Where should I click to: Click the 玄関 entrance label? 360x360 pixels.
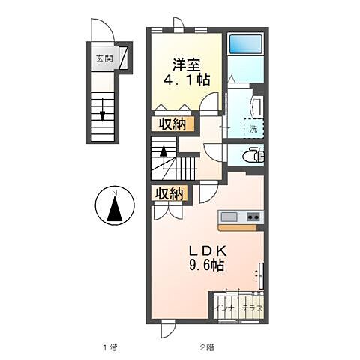104,59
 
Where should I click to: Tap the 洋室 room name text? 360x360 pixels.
186,65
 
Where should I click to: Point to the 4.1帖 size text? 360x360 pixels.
186,79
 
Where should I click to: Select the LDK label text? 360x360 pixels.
208,251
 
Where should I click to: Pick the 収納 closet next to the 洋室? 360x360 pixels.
172,124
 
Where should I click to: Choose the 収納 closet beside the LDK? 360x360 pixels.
169,193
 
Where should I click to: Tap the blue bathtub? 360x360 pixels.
245,43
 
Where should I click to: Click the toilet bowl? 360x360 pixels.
253,156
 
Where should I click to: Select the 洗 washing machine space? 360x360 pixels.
253,129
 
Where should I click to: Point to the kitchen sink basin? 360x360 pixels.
229,217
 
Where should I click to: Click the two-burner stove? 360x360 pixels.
253,217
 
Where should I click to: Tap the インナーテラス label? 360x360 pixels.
238,307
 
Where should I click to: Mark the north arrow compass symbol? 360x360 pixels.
115,205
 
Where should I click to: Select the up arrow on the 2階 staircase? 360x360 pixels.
163,158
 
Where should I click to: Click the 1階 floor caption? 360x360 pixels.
110,347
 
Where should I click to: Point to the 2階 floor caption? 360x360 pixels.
207,347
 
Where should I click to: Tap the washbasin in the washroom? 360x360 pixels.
257,107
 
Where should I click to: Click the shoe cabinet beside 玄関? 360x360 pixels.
123,58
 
